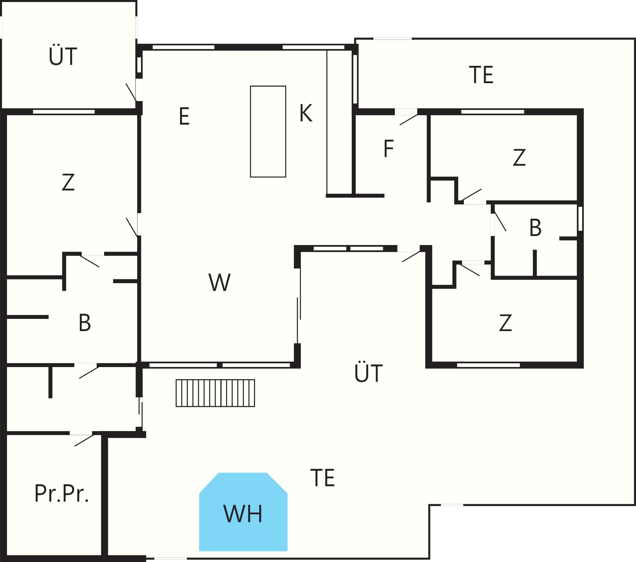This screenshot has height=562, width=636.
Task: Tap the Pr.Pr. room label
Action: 61,494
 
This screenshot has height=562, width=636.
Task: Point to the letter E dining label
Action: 184,116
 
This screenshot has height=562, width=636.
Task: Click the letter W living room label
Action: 220,282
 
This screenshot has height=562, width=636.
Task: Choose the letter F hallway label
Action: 389,148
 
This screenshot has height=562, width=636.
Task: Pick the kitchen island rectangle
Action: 268,131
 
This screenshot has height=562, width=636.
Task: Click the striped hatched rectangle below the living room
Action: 215,393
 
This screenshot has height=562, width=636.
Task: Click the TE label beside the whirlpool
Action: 323,478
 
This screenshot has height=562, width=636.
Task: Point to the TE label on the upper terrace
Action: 481,75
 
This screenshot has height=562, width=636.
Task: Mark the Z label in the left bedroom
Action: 68,182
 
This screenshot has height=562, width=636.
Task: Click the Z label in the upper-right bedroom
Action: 519,157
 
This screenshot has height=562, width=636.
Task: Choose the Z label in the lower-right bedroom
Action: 505,323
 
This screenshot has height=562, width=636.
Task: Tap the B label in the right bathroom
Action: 535,228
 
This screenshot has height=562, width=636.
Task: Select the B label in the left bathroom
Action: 85,322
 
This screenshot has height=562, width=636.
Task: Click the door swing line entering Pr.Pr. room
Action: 84,440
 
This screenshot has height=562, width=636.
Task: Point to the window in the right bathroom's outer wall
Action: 580,219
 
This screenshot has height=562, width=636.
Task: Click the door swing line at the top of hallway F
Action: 408,120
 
